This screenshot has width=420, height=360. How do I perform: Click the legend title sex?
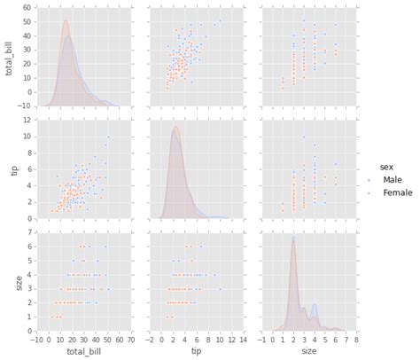pyautogui.click(x=386, y=165)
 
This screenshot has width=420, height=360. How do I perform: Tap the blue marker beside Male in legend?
pyautogui.click(x=371, y=180)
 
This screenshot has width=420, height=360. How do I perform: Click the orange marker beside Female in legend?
pyautogui.click(x=371, y=193)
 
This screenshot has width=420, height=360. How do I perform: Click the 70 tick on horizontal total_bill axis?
pyautogui.click(x=132, y=339)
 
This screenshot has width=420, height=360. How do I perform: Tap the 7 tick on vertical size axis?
pyautogui.click(x=30, y=232)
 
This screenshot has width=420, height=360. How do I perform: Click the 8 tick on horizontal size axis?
pyautogui.click(x=356, y=339)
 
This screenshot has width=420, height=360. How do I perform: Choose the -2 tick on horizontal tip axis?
pyautogui.click(x=151, y=339)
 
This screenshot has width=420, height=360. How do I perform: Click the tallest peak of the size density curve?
pyautogui.click(x=293, y=237)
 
